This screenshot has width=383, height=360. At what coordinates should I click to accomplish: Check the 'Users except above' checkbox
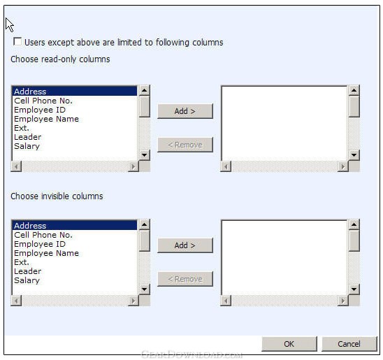[x=17, y=41]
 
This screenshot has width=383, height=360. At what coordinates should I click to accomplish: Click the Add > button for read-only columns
[x=185, y=111]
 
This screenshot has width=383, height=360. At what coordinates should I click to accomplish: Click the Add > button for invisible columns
[x=185, y=245]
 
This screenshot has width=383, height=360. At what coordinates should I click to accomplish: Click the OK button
[x=289, y=344]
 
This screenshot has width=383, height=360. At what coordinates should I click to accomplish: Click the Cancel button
[x=349, y=344]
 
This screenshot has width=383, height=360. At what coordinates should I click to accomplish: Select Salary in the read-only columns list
[x=27, y=146]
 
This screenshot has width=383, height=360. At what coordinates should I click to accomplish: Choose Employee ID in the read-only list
[x=40, y=110]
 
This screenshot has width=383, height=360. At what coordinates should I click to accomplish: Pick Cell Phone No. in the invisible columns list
[x=43, y=235]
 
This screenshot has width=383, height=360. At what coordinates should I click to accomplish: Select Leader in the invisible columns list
[x=27, y=271]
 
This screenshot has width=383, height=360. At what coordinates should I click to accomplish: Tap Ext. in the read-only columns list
[x=22, y=128]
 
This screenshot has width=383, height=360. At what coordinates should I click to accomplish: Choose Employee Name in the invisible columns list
[x=46, y=253]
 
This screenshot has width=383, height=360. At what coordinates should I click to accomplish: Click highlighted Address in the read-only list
[x=30, y=92]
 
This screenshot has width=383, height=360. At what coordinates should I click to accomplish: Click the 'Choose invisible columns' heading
[x=57, y=196]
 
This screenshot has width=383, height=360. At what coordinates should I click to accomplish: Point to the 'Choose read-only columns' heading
[x=60, y=59]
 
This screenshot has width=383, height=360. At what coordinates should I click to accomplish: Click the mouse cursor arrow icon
[x=9, y=24]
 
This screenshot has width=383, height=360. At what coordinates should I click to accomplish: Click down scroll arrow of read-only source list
[x=145, y=155]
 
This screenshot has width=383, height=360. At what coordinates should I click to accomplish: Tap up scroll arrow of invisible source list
[x=145, y=224]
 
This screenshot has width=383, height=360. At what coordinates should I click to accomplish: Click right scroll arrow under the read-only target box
[x=343, y=167]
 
